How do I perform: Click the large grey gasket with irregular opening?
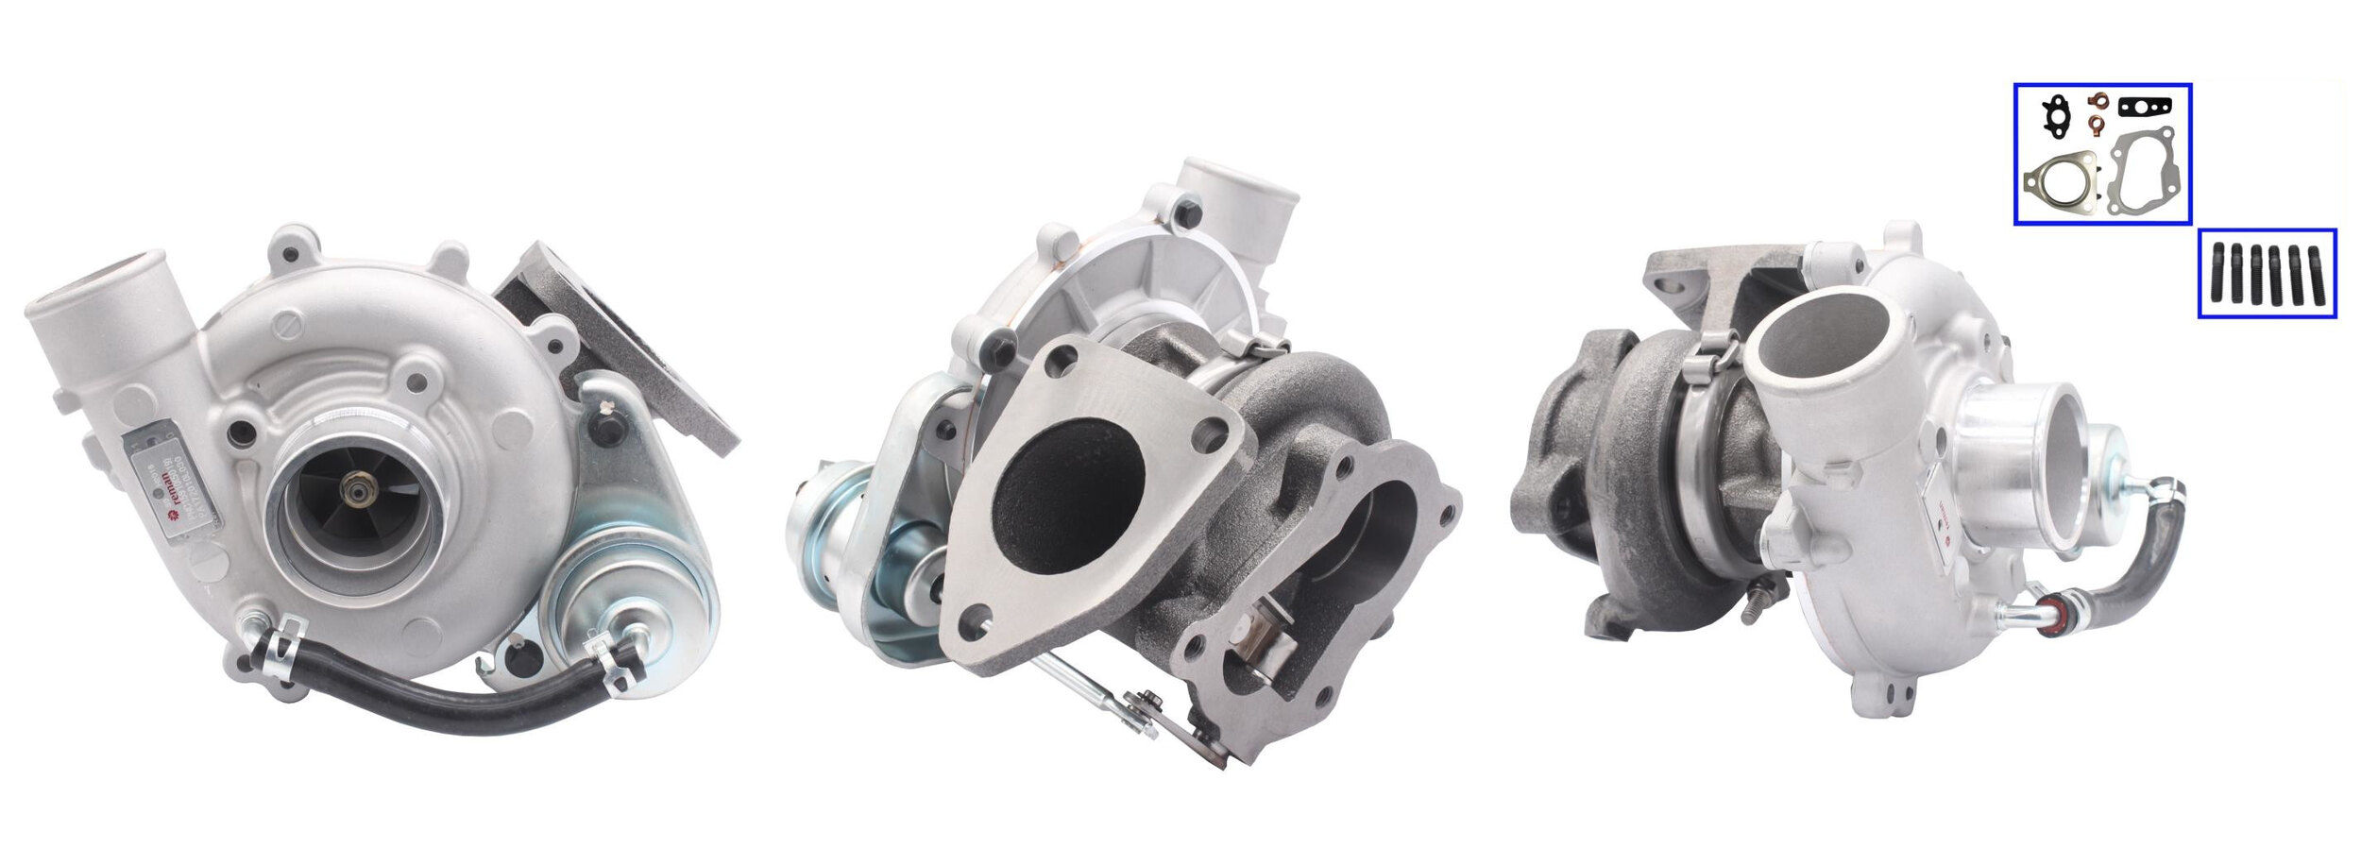click(x=2143, y=181)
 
